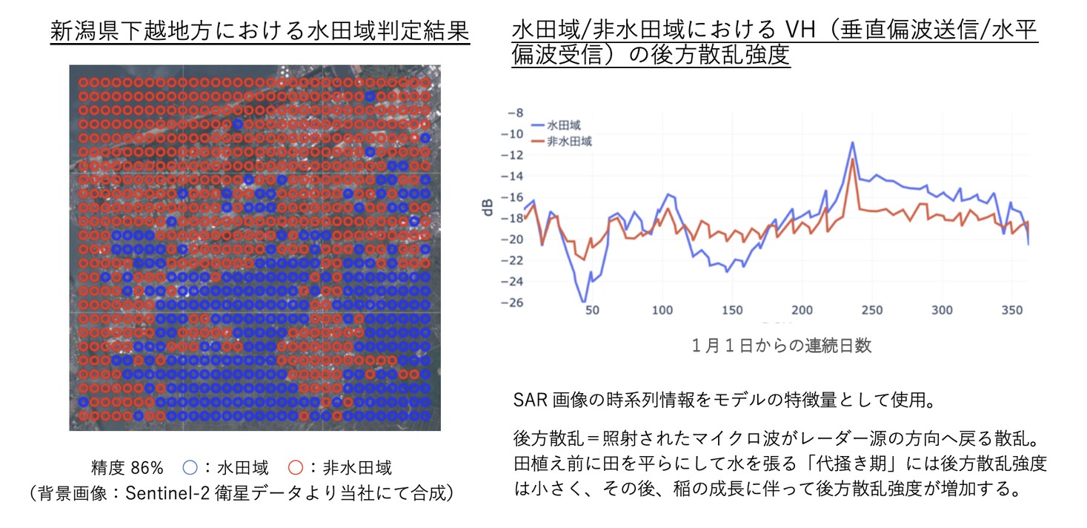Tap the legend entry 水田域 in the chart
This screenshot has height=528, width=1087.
[565, 125]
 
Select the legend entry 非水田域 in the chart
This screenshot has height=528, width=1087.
[570, 141]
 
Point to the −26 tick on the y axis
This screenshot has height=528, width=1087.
[512, 303]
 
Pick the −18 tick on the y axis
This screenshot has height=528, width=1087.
[512, 219]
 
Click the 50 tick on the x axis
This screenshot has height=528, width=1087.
[592, 311]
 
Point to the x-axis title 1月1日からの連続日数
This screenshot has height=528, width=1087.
[781, 346]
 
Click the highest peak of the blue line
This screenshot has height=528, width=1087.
[853, 142]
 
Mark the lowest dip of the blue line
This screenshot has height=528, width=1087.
[584, 302]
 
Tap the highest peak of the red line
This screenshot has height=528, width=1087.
[853, 159]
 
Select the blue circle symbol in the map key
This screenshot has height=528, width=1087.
[190, 468]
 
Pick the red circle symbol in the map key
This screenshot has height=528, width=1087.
[296, 468]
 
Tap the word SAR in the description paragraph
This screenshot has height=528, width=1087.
[529, 400]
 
